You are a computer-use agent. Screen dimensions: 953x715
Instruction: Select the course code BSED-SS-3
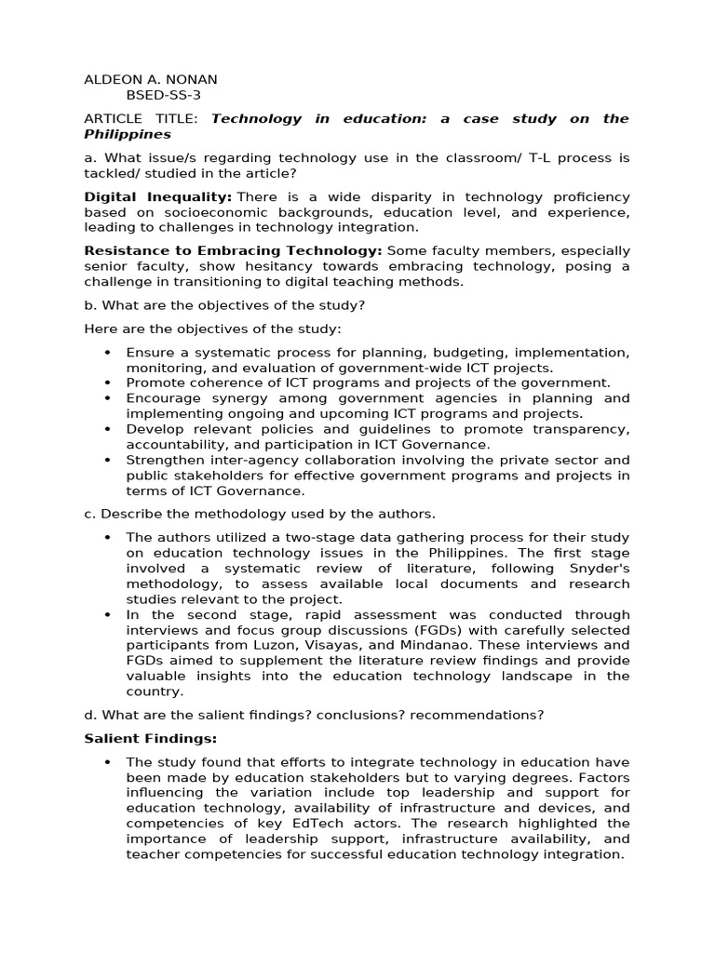pyautogui.click(x=163, y=95)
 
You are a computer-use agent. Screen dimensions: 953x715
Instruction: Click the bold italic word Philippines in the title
pyautogui.click(x=128, y=134)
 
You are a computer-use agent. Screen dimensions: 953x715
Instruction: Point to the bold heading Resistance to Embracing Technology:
pyautogui.click(x=233, y=250)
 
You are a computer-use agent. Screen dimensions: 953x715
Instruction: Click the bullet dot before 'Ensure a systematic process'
pyautogui.click(x=108, y=353)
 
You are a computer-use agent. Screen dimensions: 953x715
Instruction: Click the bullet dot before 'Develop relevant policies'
pyautogui.click(x=108, y=429)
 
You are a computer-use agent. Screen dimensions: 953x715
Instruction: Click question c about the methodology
pyautogui.click(x=260, y=514)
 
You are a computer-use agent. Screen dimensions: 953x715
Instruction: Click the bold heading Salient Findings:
pyautogui.click(x=150, y=738)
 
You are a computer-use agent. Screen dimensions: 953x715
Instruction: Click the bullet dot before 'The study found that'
pyautogui.click(x=108, y=762)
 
